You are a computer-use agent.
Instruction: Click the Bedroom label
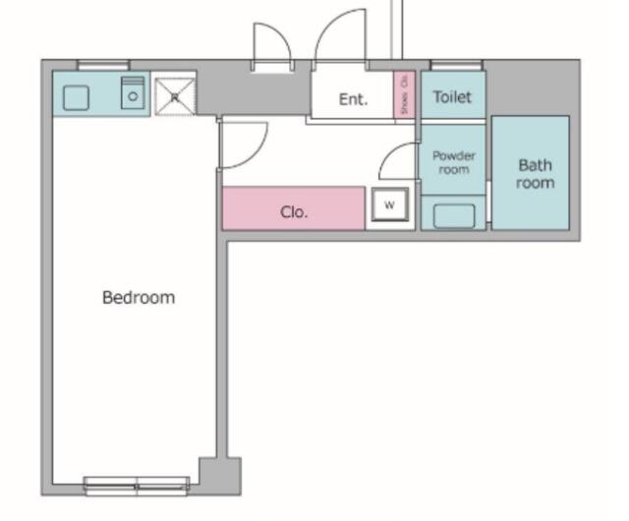(x=139, y=297)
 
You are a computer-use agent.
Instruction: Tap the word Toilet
(x=452, y=97)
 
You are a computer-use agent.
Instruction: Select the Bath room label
(x=535, y=174)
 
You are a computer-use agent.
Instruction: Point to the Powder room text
(x=453, y=162)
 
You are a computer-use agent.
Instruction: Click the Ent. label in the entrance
(x=353, y=99)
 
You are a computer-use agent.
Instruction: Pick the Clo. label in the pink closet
(x=294, y=211)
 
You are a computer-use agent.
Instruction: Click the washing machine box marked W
(x=389, y=205)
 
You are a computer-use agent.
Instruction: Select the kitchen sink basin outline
(x=76, y=97)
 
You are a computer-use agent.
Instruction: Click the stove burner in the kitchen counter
(x=133, y=94)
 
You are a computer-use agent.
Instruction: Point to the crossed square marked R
(x=175, y=95)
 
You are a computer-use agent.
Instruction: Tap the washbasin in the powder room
(x=453, y=215)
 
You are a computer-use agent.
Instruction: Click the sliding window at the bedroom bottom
(x=137, y=484)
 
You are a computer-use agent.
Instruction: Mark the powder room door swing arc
(x=397, y=160)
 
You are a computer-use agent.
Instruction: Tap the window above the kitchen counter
(x=103, y=66)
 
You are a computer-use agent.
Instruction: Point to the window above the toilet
(x=455, y=66)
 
